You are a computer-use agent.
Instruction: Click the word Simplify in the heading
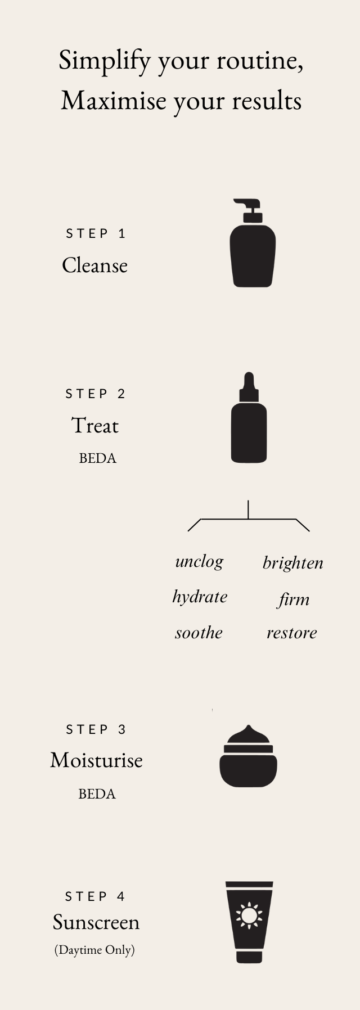(x=105, y=61)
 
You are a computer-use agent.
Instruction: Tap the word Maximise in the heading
(x=114, y=101)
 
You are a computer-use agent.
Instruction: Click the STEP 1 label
(x=96, y=233)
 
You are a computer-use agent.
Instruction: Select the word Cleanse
(x=94, y=265)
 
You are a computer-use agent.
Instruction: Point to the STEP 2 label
(x=96, y=394)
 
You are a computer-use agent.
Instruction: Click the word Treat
(x=95, y=426)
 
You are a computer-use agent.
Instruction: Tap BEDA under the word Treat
(x=97, y=458)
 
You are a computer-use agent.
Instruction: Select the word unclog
(x=199, y=562)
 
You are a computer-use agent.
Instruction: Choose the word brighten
(x=292, y=563)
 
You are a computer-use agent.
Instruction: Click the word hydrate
(x=200, y=597)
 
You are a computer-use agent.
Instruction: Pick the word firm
(x=294, y=599)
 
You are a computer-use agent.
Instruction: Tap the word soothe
(x=199, y=633)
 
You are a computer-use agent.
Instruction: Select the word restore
(x=291, y=633)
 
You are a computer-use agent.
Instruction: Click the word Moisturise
(x=96, y=760)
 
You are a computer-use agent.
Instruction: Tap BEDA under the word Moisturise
(x=97, y=794)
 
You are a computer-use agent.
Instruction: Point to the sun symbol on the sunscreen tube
(x=249, y=914)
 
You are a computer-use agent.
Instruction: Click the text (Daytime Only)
(x=94, y=950)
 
